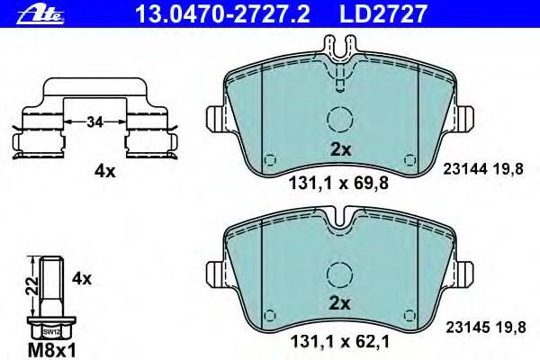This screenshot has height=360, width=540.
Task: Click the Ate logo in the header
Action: click(40, 14)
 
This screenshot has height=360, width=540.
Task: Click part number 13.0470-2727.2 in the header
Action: click(222, 13)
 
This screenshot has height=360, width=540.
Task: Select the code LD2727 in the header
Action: click(383, 13)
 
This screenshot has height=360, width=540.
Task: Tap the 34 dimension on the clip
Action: click(94, 121)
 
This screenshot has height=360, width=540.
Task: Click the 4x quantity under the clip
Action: click(105, 171)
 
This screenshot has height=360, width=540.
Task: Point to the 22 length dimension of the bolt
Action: click(33, 285)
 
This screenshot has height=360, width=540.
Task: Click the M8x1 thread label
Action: click(51, 351)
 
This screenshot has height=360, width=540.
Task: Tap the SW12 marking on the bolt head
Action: click(51, 332)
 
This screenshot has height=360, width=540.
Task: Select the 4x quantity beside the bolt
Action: click(82, 278)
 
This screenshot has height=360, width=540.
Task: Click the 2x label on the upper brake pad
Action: click(340, 149)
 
